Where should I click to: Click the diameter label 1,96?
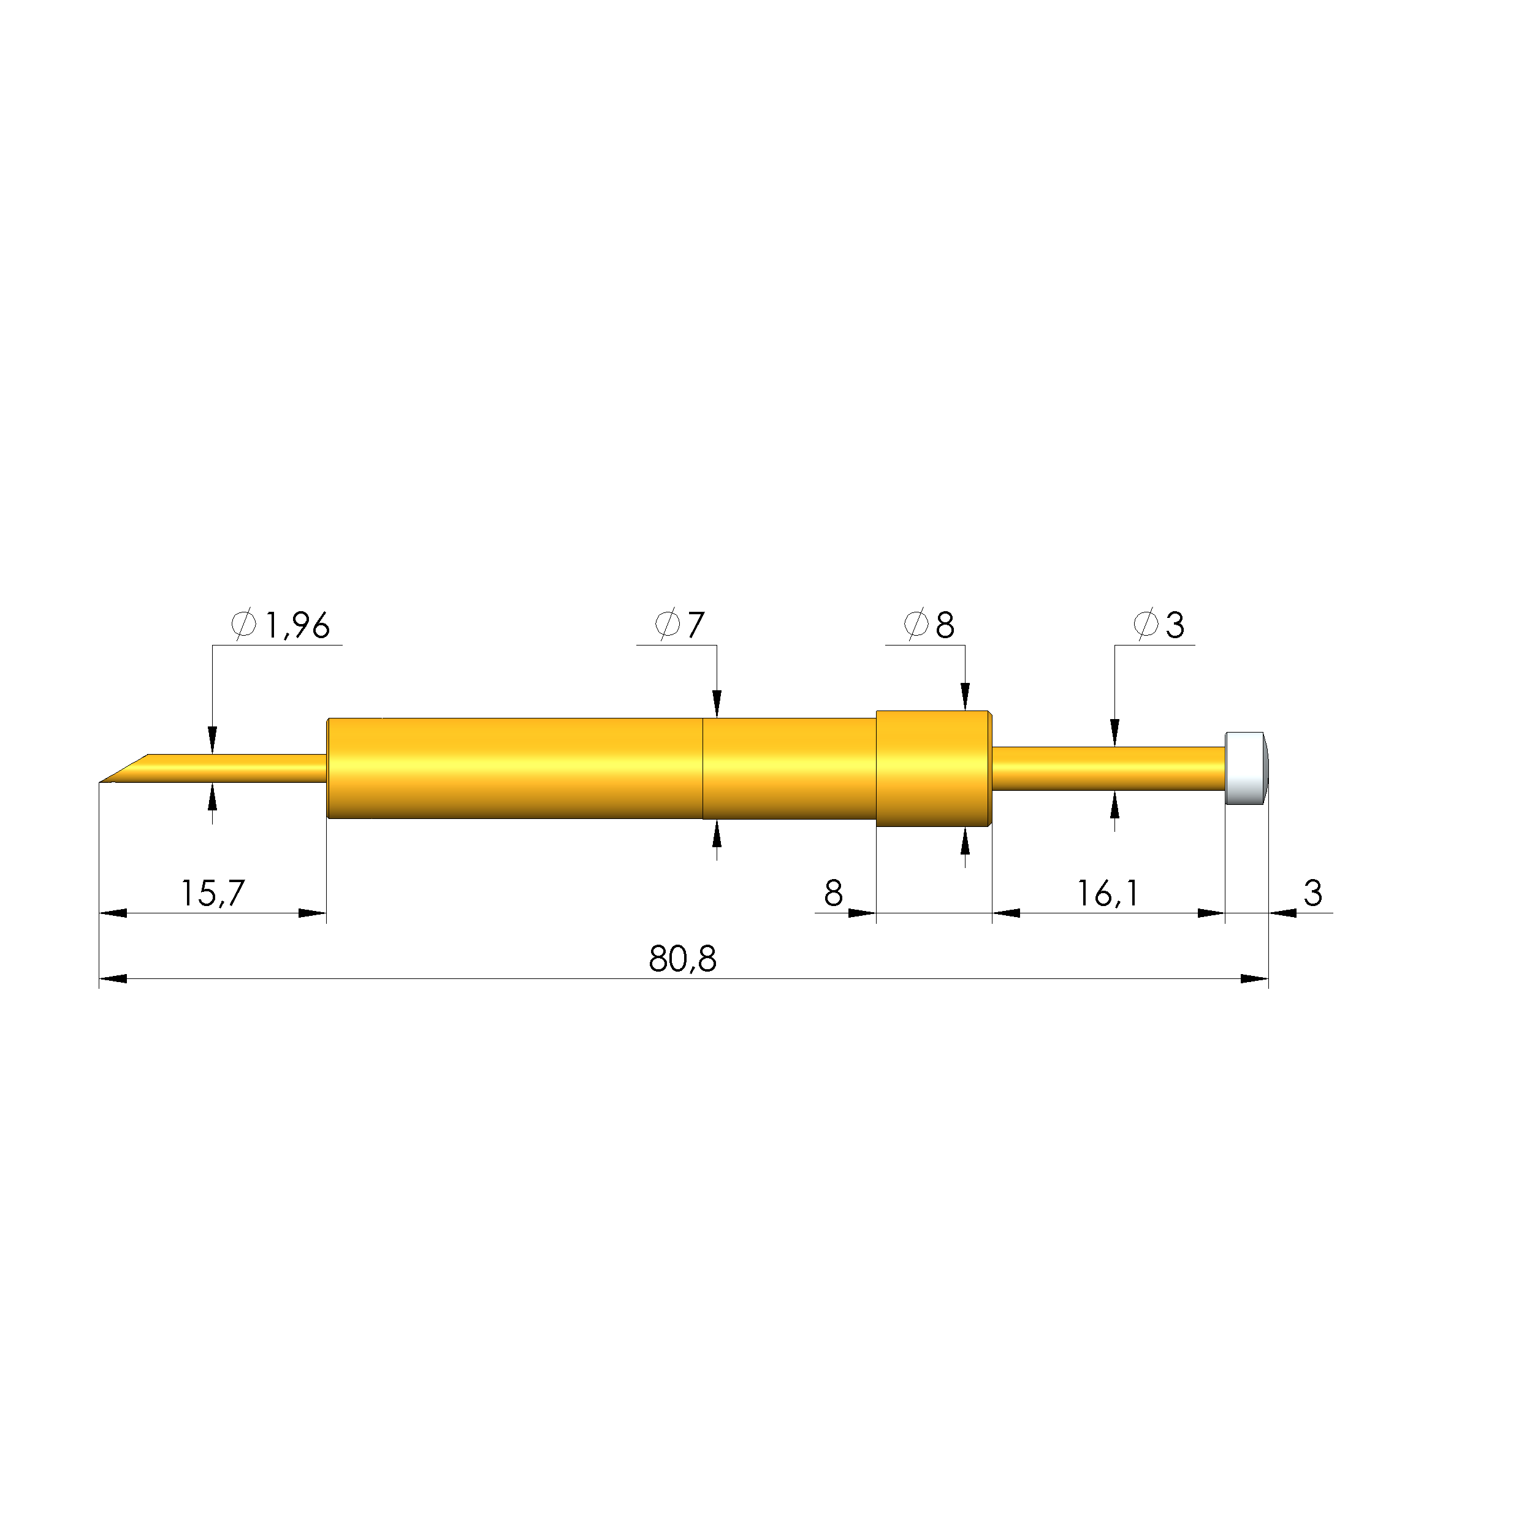tap(296, 626)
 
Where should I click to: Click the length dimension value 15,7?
tap(212, 893)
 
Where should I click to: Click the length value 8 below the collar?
tap(832, 893)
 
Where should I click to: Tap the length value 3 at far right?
tap(1312, 893)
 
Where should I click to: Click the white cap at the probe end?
tap(1245, 767)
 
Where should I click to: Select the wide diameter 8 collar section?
tap(933, 768)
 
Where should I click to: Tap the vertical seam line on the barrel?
tap(703, 768)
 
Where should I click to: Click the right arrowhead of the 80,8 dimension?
tap(1254, 979)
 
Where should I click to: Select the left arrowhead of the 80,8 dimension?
tap(113, 979)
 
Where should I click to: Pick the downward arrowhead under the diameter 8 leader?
tap(966, 698)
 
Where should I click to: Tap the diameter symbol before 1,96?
tap(244, 625)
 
